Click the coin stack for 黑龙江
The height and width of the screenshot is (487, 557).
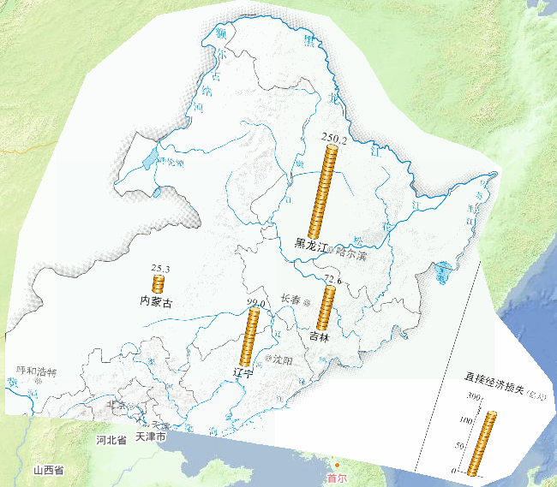(328, 190)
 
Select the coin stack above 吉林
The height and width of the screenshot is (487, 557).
(326, 306)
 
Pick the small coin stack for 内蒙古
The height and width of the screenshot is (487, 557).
(159, 284)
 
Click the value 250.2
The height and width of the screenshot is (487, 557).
(333, 138)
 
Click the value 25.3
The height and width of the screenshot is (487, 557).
(160, 269)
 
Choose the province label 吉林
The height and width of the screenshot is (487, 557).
(319, 336)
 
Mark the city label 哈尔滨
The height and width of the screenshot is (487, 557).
(350, 253)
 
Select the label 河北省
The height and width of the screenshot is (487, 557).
(111, 439)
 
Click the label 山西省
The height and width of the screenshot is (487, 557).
(49, 471)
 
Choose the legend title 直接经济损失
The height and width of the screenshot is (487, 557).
(495, 377)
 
